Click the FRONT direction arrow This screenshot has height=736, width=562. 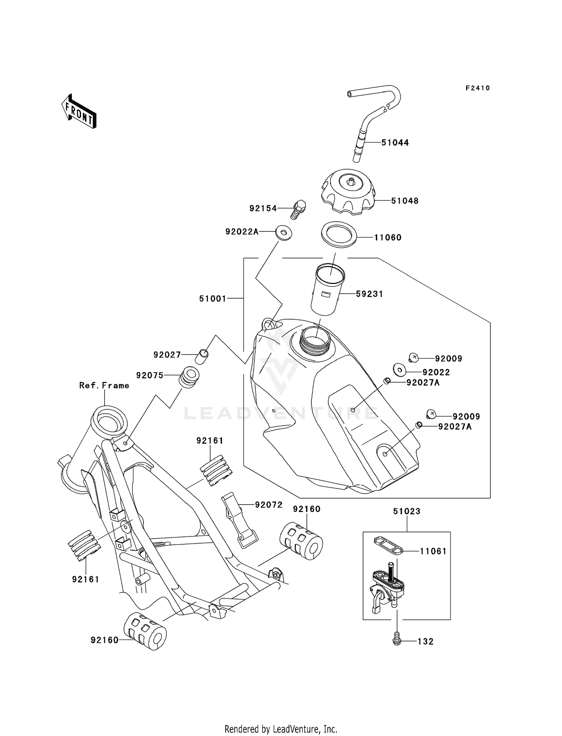pos(79,112)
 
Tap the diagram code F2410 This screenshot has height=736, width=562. pos(477,88)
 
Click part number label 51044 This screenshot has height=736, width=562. pos(395,143)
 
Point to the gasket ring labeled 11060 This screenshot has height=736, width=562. pos(339,234)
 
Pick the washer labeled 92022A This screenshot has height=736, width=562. pos(284,233)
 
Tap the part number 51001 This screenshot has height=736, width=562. pos(212,299)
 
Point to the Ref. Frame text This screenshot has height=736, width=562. pos(104,386)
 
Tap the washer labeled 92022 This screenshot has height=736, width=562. pos(399,370)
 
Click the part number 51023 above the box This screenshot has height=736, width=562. pos(407,511)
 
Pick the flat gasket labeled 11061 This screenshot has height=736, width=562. pos(387,545)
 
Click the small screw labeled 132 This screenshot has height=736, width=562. pos(397,641)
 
